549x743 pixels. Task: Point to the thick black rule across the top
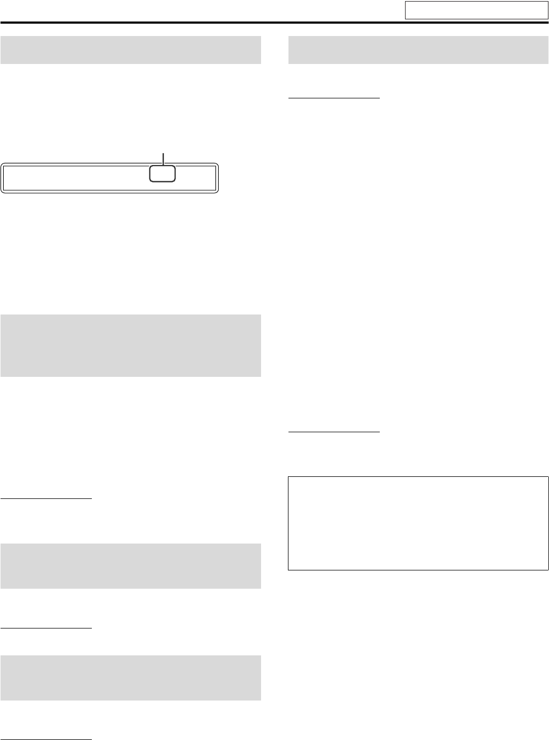274,23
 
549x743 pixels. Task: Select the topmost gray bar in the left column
131,49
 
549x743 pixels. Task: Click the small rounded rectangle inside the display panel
162,174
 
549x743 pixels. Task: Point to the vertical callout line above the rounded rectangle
163,158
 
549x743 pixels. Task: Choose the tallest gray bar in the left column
131,346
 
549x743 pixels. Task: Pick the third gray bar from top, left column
131,566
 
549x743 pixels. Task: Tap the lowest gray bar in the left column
131,677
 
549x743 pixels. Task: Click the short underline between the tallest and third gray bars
46,499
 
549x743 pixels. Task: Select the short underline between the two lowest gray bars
46,627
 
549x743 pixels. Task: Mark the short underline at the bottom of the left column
46,738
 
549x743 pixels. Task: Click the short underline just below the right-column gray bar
334,98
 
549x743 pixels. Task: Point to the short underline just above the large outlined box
334,431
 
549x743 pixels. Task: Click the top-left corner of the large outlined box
288,476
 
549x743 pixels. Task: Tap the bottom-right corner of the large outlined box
548,569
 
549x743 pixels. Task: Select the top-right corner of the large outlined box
548,476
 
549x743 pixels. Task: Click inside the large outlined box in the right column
418,523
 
